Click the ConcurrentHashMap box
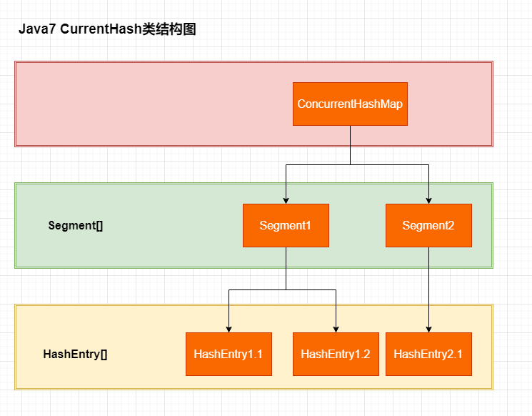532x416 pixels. tap(350, 104)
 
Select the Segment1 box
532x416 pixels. tap(286, 225)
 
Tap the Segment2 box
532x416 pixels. tap(428, 225)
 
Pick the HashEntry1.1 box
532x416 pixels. tap(229, 354)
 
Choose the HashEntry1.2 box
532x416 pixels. tap(336, 354)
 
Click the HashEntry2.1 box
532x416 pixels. tap(428, 354)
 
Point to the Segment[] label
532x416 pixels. tap(76, 225)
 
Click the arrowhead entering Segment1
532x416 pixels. tap(286, 200)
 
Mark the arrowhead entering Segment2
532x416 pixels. tap(428, 200)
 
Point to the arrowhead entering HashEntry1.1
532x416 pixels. tap(229, 329)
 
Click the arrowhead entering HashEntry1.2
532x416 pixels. tap(336, 329)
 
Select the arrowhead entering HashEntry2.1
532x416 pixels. tap(428, 329)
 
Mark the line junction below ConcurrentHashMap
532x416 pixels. tap(350, 164)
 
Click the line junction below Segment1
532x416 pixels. tap(286, 289)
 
